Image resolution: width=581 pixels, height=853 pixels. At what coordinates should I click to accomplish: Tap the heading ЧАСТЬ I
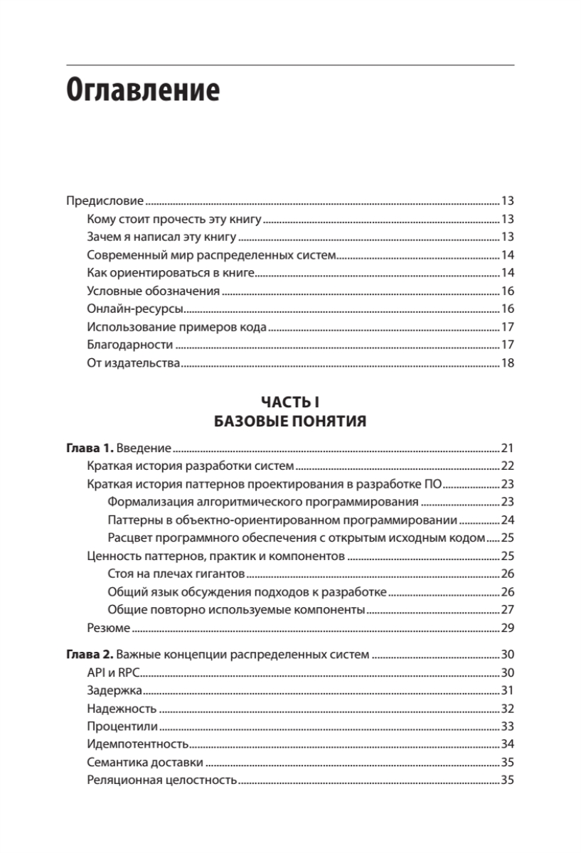click(x=290, y=403)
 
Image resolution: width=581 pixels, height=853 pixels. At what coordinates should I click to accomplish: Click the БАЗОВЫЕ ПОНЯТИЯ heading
click(x=290, y=422)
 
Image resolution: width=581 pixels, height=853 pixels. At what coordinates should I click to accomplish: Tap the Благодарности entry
click(x=130, y=345)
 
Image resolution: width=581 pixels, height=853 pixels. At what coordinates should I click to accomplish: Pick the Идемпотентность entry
click(x=137, y=744)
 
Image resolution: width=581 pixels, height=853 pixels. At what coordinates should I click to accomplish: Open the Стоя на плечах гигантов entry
click(x=176, y=573)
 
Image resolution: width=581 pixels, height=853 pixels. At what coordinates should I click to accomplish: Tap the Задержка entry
click(x=114, y=690)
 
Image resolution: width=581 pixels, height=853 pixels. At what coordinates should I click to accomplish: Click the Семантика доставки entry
click(x=145, y=762)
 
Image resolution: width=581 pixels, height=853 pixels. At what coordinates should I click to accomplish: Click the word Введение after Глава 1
click(x=144, y=449)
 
